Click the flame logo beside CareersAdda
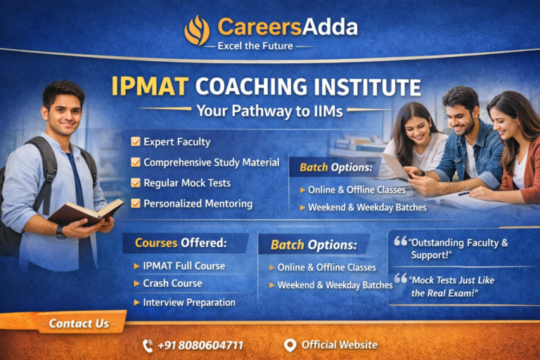click(x=197, y=30)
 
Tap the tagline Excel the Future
click(x=255, y=46)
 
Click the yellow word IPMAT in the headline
click(x=150, y=86)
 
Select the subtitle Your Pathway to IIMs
click(x=270, y=111)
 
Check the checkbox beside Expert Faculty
click(x=136, y=141)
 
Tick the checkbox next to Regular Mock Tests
click(x=136, y=183)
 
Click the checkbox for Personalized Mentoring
click(x=136, y=203)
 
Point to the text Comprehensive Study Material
click(x=212, y=162)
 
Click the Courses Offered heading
click(x=181, y=243)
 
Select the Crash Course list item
click(x=172, y=283)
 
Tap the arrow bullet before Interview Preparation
click(x=136, y=302)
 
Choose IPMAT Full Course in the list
click(x=184, y=266)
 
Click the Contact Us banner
click(x=79, y=323)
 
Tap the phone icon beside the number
click(x=148, y=345)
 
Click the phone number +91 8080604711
click(x=201, y=345)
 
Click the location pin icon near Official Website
click(x=290, y=345)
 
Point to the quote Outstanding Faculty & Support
click(x=458, y=249)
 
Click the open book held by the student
click(x=86, y=213)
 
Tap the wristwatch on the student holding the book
click(x=60, y=232)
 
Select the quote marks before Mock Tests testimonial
click(x=401, y=278)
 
